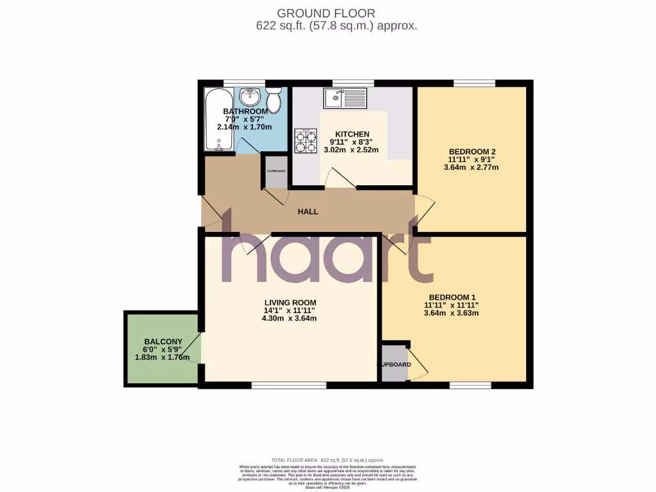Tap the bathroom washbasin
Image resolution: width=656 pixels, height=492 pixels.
[250, 98]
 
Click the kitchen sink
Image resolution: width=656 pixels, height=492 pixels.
[345, 98]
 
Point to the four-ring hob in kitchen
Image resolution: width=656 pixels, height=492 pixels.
[306, 140]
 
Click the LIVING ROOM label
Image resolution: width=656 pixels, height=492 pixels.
[290, 303]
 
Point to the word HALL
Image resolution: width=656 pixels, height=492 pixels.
[307, 212]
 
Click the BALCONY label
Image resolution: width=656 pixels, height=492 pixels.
[163, 341]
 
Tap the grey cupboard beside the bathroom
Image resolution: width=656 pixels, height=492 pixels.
[277, 172]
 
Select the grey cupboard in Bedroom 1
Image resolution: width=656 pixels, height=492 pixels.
[395, 364]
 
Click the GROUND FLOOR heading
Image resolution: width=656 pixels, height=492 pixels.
[325, 13]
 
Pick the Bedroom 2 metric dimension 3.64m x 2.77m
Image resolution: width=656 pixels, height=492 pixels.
[471, 168]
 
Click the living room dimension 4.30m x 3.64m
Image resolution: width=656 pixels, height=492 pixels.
[290, 318]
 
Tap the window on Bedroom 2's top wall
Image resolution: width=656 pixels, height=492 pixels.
[474, 83]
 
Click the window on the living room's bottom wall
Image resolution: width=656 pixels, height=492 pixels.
[289, 386]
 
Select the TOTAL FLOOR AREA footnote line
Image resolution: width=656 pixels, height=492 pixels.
[327, 460]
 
